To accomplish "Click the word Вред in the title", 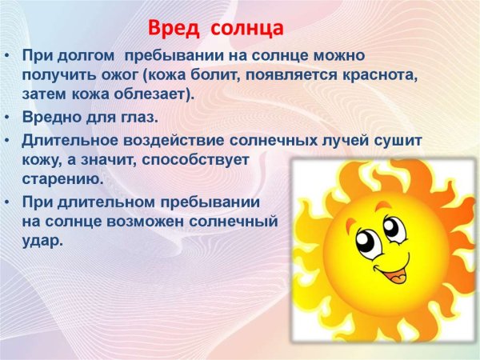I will (x=172, y=30).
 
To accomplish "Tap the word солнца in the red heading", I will (x=249, y=30).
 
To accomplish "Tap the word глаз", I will (x=138, y=118).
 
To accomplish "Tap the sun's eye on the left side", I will (x=370, y=241).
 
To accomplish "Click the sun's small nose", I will (x=392, y=252).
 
